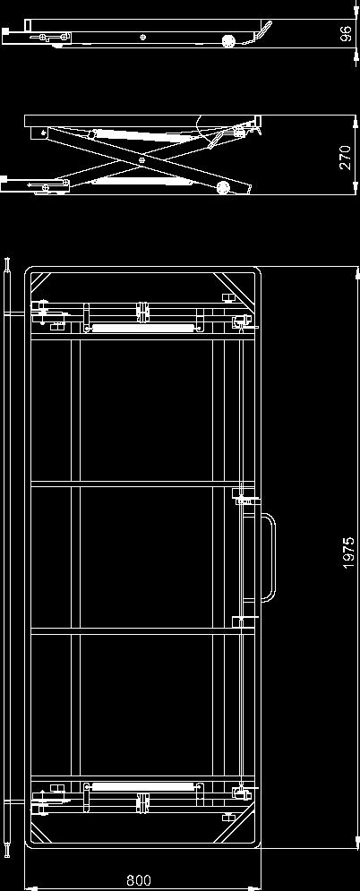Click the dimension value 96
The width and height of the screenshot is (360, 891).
[346, 35]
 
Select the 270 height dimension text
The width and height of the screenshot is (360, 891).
[346, 158]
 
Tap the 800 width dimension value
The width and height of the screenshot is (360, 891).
[139, 881]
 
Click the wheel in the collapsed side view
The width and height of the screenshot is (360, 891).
[229, 41]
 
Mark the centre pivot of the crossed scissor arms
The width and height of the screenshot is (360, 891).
[142, 160]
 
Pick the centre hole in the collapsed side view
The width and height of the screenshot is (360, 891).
[142, 38]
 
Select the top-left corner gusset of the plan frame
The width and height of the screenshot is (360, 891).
[39, 282]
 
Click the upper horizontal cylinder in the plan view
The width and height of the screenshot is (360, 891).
[143, 328]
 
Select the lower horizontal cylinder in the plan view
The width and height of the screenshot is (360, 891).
[143, 786]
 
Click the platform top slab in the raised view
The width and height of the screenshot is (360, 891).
[142, 121]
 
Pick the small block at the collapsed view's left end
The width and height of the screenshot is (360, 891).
[5, 36]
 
